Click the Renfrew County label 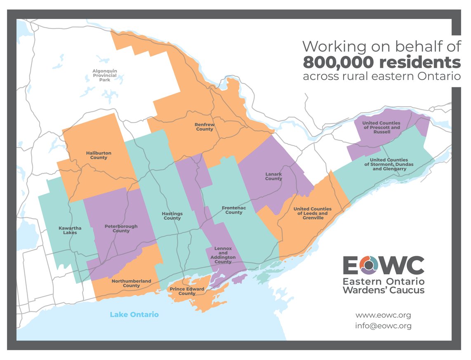coord(204,127)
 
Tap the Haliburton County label coord(99,155)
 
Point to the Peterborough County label coord(121,228)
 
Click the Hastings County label coord(172,216)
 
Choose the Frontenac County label coord(234,210)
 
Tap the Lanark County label coord(273,176)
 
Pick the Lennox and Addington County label coord(223,255)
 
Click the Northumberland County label coord(131,283)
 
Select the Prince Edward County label coord(187,291)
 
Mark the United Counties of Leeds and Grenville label coord(312,213)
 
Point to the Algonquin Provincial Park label coord(104,75)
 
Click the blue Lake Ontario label coord(134,315)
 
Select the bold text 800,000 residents coord(382,62)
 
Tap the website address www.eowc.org coord(383,315)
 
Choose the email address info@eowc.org coord(383,326)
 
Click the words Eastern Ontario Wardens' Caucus coord(383,285)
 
